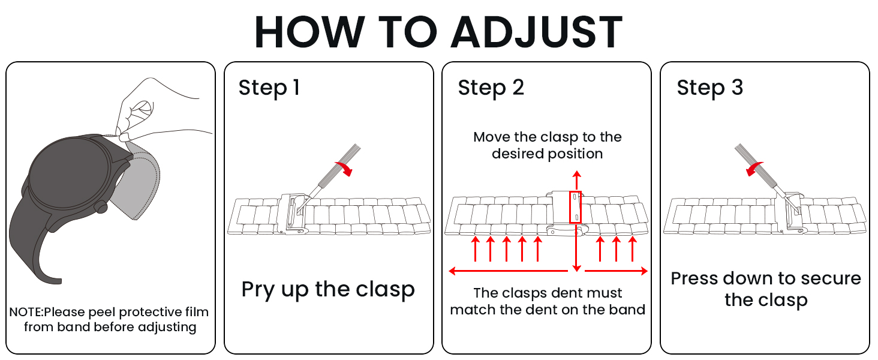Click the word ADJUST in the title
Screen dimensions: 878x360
point(537,32)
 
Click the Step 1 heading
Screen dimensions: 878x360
point(269,88)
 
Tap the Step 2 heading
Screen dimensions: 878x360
point(491,88)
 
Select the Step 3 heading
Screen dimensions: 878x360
point(709,88)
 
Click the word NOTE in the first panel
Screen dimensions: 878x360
point(25,312)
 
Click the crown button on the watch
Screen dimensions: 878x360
point(101,206)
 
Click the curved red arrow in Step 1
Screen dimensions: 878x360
point(344,168)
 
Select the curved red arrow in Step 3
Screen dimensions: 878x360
point(754,169)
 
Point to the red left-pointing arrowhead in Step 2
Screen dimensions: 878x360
point(452,271)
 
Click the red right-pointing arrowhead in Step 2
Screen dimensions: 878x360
point(644,271)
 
